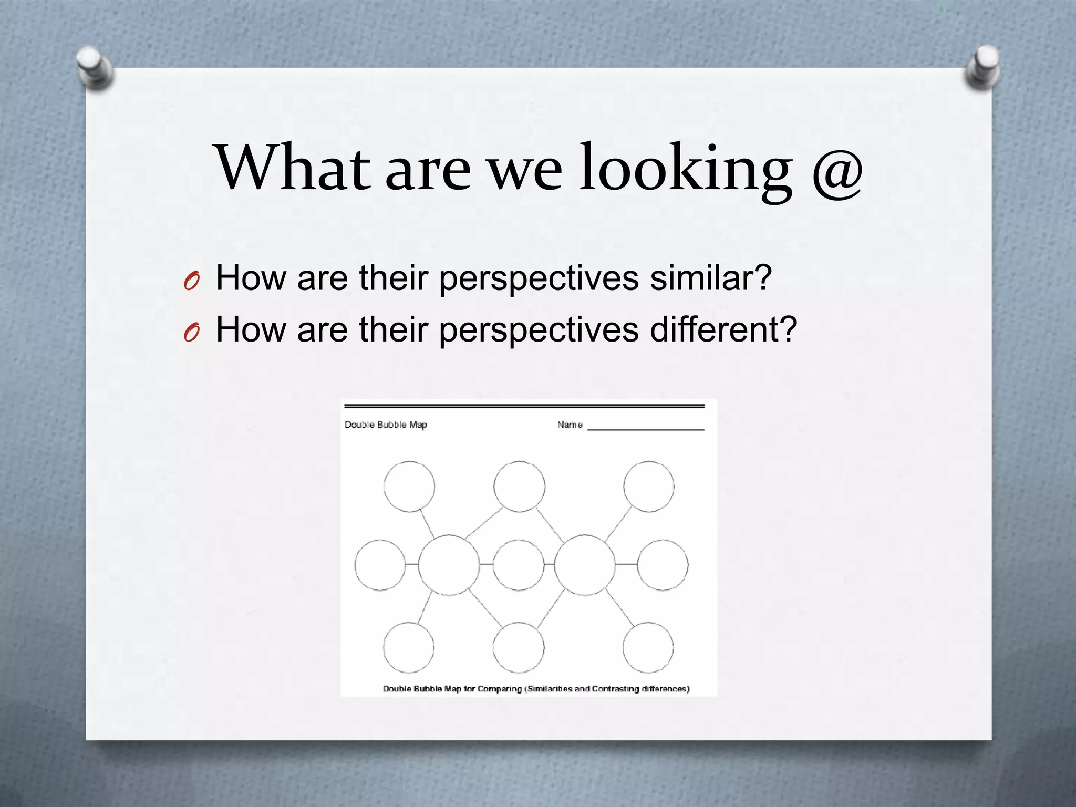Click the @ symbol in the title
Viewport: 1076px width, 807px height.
coord(837,169)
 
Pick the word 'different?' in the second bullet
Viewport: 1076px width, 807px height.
coord(723,329)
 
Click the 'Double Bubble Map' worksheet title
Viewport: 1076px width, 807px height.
coord(386,425)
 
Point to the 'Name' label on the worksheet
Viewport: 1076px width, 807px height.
coord(570,425)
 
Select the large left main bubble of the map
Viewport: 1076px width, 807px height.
coord(449,565)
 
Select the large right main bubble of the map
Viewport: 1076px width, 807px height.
coord(585,565)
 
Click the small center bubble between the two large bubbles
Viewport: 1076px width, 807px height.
coord(519,565)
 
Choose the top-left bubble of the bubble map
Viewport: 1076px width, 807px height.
coord(409,487)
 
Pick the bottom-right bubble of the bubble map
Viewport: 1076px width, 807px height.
coord(648,647)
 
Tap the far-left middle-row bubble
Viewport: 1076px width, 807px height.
coord(380,565)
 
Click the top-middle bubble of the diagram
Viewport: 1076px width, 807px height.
coord(519,487)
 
